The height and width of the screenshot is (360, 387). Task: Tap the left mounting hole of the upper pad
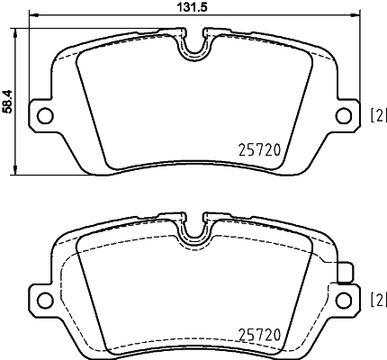[x=44, y=114]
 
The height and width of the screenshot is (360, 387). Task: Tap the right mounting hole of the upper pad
[x=342, y=114]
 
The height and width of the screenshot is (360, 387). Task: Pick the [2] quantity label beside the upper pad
[x=378, y=114]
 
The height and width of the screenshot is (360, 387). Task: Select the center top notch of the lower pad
[x=193, y=231]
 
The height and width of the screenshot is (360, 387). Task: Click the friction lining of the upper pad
[x=193, y=108]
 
